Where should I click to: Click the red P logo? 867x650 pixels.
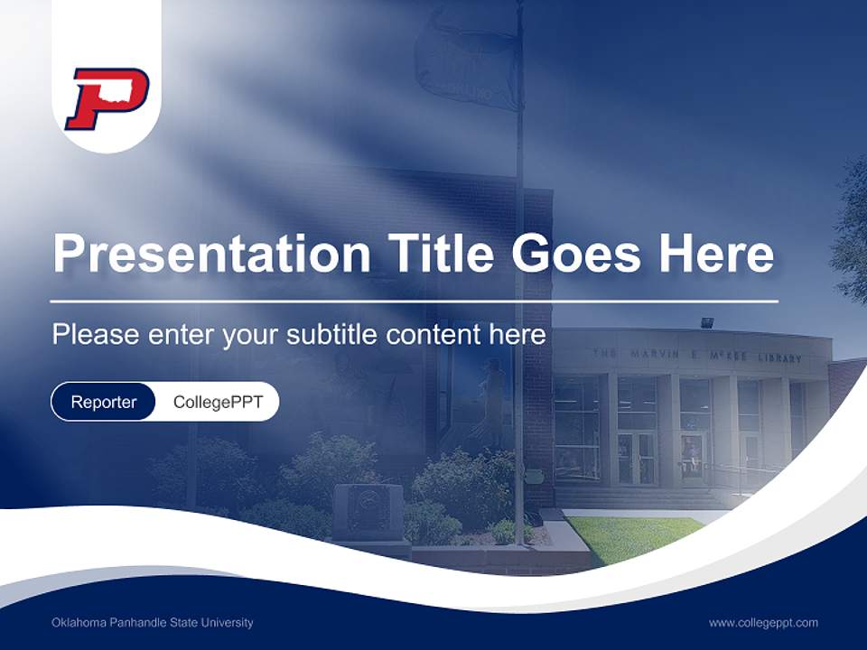(107, 98)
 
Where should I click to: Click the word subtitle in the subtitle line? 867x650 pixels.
(335, 335)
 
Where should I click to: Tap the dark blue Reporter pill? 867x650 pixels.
(103, 403)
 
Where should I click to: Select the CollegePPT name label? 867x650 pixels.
(218, 403)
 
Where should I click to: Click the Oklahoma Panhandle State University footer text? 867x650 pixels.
(153, 623)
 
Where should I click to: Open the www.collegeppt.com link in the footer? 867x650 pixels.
(763, 623)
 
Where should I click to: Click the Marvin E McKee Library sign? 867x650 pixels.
(696, 356)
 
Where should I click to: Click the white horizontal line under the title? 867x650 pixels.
(414, 301)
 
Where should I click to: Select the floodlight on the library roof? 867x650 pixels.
(706, 321)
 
